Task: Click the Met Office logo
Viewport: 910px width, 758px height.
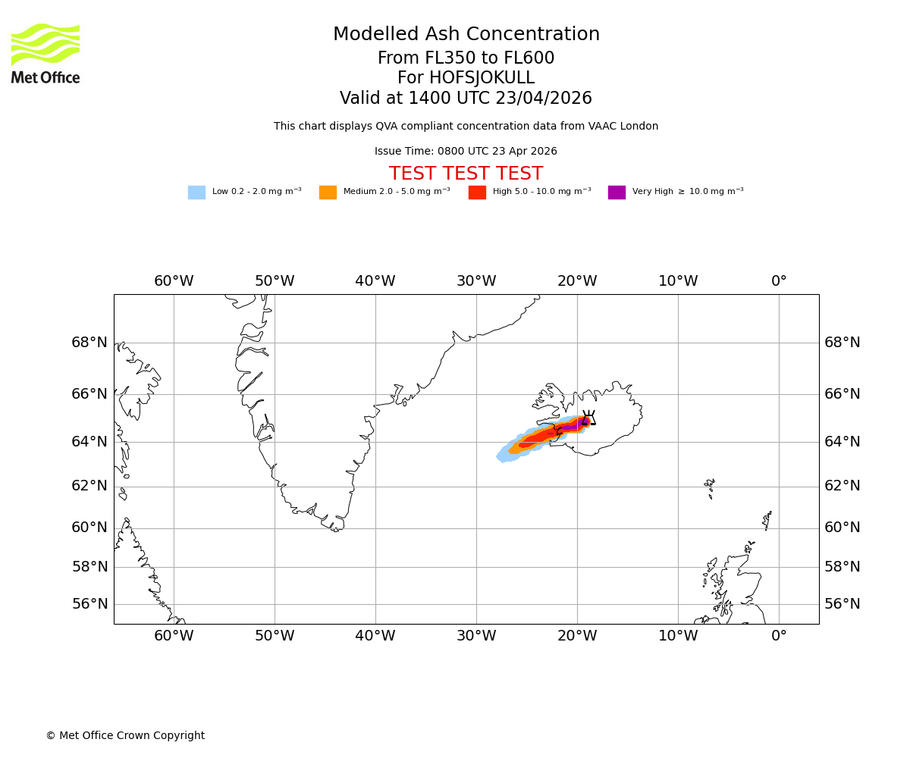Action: [45, 53]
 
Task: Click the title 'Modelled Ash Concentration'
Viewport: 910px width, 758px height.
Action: [466, 35]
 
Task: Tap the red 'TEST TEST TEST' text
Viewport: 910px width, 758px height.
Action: [466, 174]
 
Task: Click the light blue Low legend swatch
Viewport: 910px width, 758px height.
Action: [196, 192]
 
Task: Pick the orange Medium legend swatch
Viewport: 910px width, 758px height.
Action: [328, 192]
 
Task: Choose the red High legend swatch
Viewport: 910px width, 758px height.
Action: [477, 192]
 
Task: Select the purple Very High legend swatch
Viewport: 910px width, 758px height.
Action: [617, 192]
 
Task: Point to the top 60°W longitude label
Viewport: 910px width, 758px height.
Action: [174, 281]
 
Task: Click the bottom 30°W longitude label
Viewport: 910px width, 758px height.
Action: [476, 636]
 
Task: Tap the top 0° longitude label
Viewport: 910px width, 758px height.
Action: [779, 281]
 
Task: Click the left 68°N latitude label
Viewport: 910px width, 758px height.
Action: [89, 343]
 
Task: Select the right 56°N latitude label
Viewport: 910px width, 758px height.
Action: [843, 604]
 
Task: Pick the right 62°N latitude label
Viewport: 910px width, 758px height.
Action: [843, 486]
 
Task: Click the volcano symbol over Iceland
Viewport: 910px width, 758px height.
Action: [588, 418]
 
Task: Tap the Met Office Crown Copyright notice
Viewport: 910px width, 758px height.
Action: [125, 735]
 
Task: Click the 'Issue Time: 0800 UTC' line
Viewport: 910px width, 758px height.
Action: [466, 151]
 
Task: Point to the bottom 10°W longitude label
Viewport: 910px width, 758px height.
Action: [678, 636]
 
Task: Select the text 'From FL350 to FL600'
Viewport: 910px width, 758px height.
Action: [466, 58]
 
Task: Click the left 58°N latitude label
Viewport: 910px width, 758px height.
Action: [89, 567]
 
